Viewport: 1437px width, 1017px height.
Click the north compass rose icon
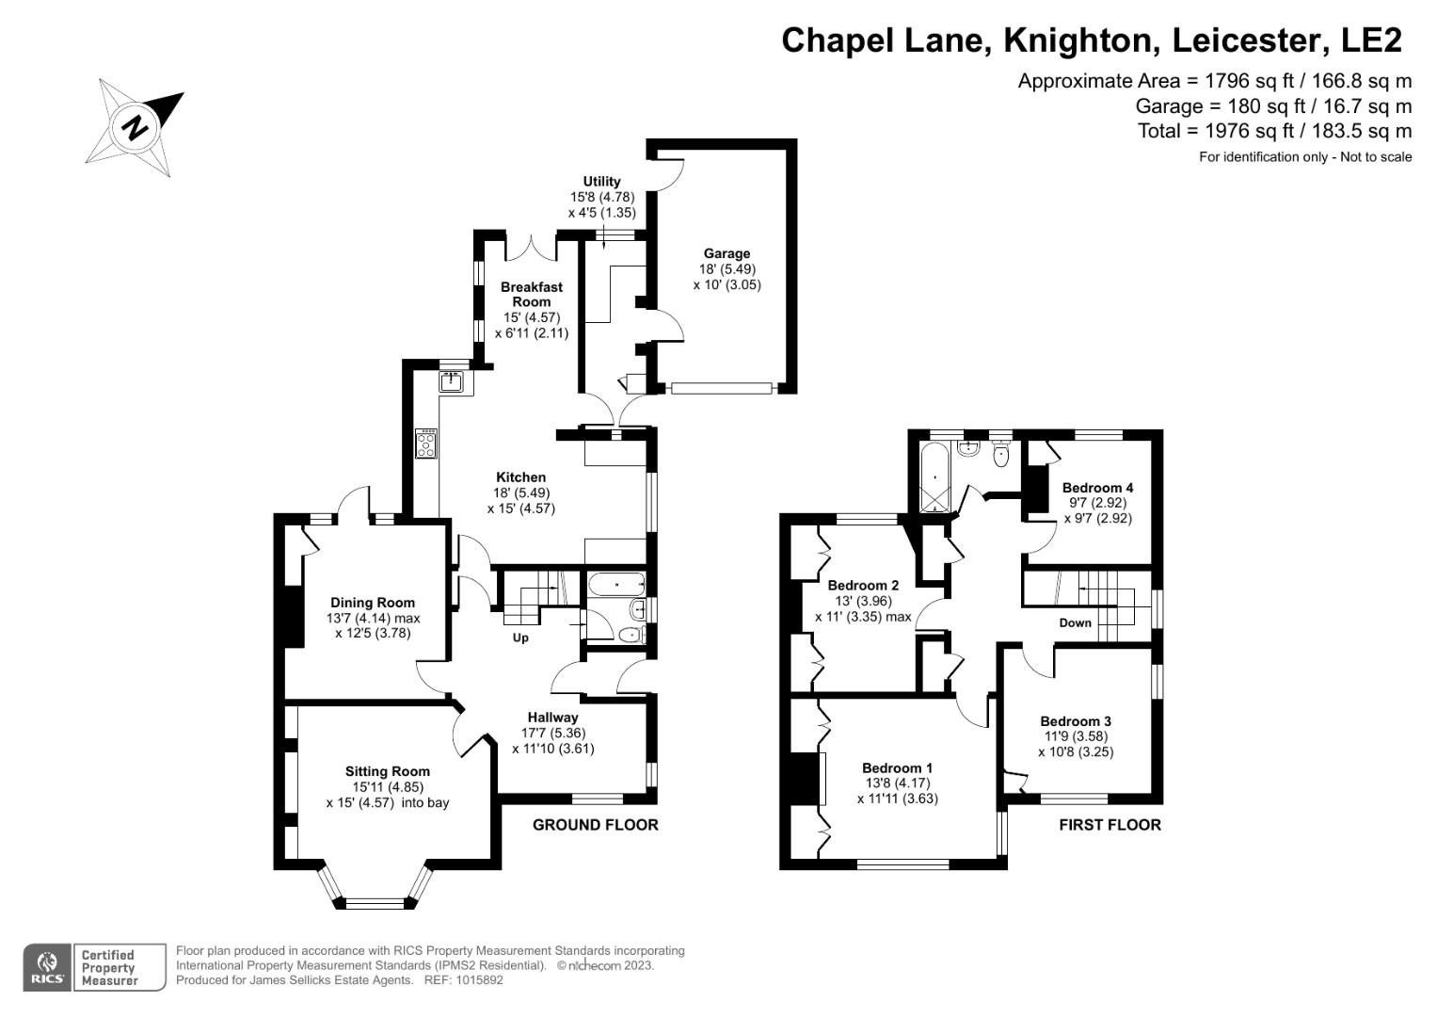tap(135, 127)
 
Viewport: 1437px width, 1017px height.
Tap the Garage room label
tap(726, 253)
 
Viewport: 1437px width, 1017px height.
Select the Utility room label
tap(601, 182)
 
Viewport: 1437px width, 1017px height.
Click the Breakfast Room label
tap(532, 294)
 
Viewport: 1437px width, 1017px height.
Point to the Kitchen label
tap(520, 477)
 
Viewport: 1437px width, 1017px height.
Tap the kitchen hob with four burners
tap(426, 444)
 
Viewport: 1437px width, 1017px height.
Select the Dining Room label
tap(373, 603)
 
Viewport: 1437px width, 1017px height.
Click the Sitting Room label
tap(387, 771)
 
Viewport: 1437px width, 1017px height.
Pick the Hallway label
tap(552, 718)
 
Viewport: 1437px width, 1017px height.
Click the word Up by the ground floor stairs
tap(520, 638)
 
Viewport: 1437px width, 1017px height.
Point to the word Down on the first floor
tap(1075, 622)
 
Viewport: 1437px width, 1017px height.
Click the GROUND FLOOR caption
tap(595, 825)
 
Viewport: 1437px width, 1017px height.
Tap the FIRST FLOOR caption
tap(1110, 825)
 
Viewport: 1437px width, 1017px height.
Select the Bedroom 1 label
tap(897, 767)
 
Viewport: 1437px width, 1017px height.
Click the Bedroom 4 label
tap(1097, 488)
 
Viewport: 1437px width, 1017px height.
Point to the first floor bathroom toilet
tap(1001, 456)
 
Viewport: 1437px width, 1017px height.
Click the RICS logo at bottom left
tap(46, 967)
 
